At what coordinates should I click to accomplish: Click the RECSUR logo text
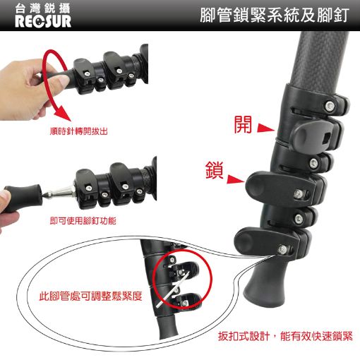coord(43,21)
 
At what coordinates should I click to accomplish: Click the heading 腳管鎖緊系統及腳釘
coord(275,16)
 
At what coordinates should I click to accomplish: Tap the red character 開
coord(243,125)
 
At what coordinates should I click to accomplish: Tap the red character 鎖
coord(214,170)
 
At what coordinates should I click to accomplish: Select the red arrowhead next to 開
coord(265,128)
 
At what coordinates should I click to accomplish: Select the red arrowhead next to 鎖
coord(236,179)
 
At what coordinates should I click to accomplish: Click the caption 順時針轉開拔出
coord(79,131)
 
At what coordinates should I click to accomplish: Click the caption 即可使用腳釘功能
coord(83,221)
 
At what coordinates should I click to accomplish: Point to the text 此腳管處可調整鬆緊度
coord(91,296)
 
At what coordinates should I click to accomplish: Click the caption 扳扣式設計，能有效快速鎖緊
coord(285,336)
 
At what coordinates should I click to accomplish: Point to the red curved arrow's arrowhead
coord(63,114)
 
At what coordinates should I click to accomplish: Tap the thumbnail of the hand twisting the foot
coord(74,83)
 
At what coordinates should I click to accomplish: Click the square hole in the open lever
coord(325,138)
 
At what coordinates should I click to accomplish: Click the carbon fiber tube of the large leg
coord(320,59)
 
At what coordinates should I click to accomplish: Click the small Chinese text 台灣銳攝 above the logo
coord(42,8)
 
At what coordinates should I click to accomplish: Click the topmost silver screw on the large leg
coord(330,106)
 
